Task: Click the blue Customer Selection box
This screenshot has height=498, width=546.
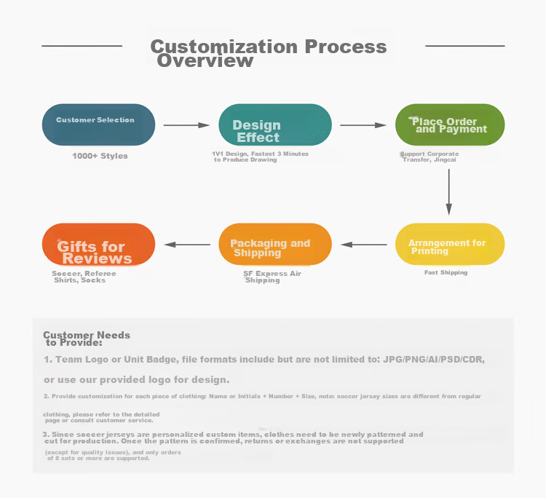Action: pos(98,125)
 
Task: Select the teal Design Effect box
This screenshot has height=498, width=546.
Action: pos(275,125)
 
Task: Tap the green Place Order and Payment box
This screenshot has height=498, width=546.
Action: pos(450,125)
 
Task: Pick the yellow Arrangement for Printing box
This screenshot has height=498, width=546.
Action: pos(450,244)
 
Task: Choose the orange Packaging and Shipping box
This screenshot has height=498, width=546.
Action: pos(275,244)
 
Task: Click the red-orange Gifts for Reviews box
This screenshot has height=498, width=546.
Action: pos(98,244)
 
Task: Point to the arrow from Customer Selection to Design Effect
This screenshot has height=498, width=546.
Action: pos(186,125)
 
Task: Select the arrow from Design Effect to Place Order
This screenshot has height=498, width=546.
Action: pos(363,125)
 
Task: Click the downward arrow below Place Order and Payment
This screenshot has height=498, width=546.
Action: pos(449,192)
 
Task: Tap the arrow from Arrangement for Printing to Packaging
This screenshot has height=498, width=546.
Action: pos(363,245)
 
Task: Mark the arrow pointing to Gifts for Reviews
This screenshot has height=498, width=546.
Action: pos(187,245)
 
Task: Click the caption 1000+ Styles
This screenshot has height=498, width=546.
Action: pos(100,156)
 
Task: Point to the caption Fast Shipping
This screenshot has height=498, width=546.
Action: pos(446,272)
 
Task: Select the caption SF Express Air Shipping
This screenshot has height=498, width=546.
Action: pos(272,277)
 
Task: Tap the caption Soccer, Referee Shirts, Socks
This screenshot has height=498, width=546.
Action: pos(84,277)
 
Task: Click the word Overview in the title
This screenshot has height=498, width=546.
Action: pos(205,60)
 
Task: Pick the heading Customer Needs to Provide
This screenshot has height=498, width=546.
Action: pos(87,339)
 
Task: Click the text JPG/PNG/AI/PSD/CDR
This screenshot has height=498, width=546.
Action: pos(434,360)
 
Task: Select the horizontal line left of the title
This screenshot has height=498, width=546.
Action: pos(82,46)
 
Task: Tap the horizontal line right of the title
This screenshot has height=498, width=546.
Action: pos(465,46)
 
